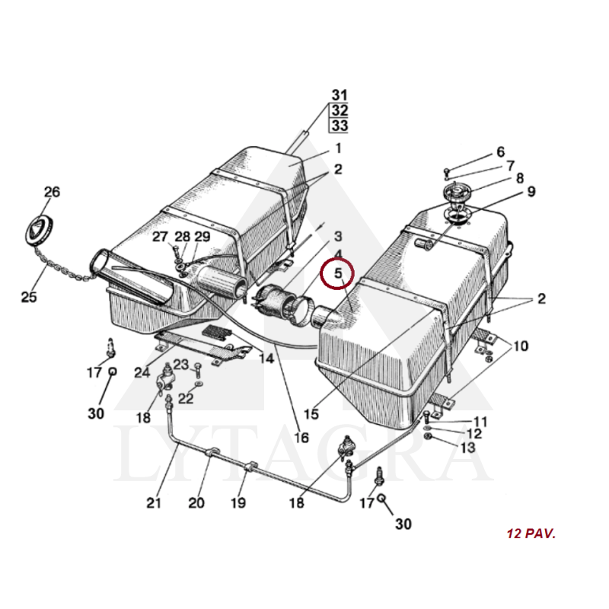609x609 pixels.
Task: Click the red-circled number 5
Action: point(338,273)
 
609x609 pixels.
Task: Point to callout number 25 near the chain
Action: point(29,297)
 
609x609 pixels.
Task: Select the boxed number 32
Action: point(340,110)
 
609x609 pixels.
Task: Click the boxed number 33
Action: point(340,126)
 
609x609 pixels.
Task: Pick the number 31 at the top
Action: point(340,95)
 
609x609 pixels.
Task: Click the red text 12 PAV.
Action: point(531,534)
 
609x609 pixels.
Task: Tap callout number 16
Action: point(301,438)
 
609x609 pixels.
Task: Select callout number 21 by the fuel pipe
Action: point(154,503)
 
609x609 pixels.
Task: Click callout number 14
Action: point(266,358)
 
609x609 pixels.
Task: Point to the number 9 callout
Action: point(531,192)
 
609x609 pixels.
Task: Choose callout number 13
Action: point(468,448)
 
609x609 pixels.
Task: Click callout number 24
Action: point(142,373)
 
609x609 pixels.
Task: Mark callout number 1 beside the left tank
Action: point(338,148)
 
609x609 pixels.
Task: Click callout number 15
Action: point(311,414)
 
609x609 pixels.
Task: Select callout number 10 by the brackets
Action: point(521,346)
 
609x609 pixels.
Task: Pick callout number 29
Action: point(202,237)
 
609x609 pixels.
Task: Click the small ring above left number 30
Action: point(112,371)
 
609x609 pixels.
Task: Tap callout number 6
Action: point(501,151)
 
